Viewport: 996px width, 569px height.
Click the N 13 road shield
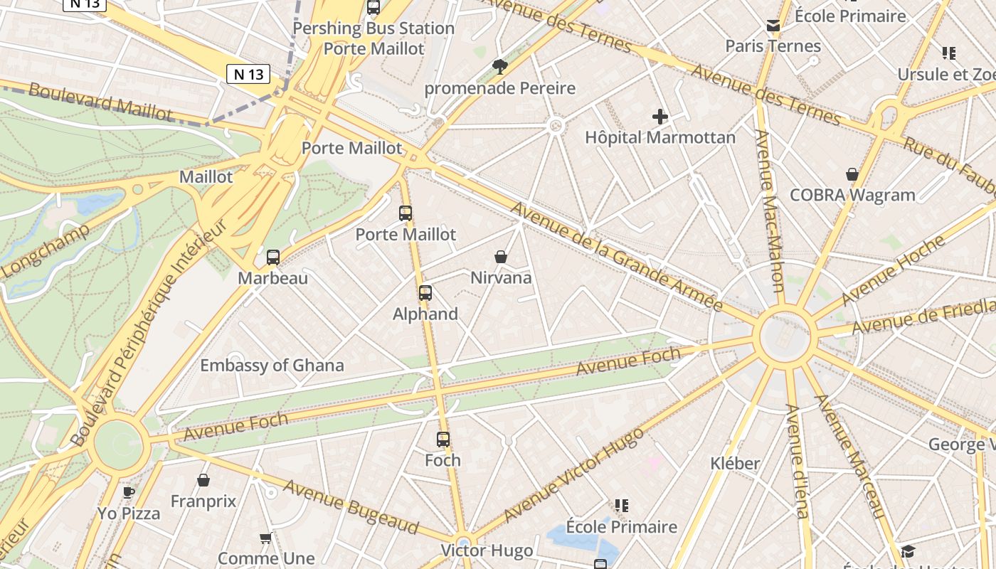point(248,73)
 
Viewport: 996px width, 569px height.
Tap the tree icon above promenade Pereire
point(500,67)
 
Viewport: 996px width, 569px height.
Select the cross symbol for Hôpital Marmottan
point(660,117)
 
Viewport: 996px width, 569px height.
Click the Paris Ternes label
point(773,46)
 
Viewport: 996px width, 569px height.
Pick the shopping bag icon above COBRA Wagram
point(852,174)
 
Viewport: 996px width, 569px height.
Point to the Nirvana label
point(501,277)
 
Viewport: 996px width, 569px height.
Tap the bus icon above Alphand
point(425,292)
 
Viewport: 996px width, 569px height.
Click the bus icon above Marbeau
point(273,257)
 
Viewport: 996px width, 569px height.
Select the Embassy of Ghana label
point(272,366)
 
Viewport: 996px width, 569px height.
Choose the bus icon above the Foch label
point(443,440)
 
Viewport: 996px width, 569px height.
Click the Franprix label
point(203,501)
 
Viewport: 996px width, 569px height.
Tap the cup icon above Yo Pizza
point(129,492)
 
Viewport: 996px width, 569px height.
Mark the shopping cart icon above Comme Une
point(266,538)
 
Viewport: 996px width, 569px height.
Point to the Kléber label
point(735,464)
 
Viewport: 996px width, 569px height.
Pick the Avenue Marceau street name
point(851,456)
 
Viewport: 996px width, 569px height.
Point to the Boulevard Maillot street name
point(100,102)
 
